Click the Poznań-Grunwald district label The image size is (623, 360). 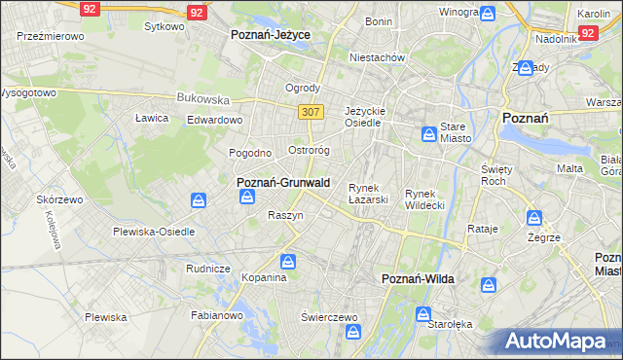tap(283, 182)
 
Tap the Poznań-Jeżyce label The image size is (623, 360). tap(270, 34)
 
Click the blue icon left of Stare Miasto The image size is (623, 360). tap(428, 134)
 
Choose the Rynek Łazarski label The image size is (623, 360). tap(369, 193)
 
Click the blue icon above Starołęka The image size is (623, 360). tap(423, 314)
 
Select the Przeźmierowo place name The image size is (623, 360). tap(51, 35)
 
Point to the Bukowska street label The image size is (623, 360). tap(202, 98)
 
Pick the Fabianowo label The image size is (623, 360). tap(216, 315)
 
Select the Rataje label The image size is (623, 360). tap(483, 230)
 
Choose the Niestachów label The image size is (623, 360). tap(378, 57)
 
